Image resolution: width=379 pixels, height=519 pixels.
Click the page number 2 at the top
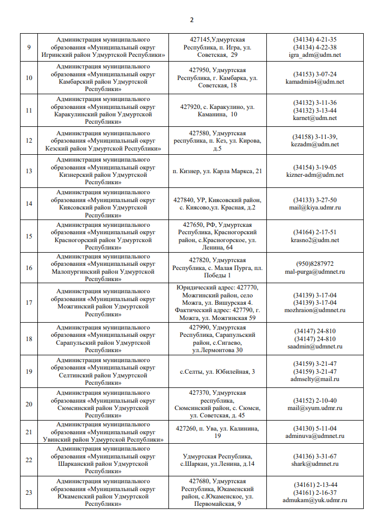pyautogui.click(x=192, y=20)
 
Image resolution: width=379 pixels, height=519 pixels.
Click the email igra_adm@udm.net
pyautogui.click(x=315, y=55)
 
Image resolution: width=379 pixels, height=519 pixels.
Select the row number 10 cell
pyautogui.click(x=29, y=78)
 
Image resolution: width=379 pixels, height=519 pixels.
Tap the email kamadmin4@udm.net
pyautogui.click(x=315, y=82)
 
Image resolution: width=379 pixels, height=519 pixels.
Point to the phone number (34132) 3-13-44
pyautogui.click(x=315, y=110)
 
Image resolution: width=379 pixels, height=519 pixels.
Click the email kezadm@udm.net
pyautogui.click(x=315, y=144)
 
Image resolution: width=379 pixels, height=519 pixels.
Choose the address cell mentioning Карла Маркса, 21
pyautogui.click(x=217, y=171)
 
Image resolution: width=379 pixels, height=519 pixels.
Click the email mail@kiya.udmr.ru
pyautogui.click(x=315, y=207)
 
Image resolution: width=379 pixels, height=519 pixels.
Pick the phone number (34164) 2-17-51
pyautogui.click(x=315, y=232)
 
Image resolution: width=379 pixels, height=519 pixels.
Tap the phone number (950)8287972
pyautogui.click(x=315, y=264)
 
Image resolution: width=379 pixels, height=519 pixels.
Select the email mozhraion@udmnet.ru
pyautogui.click(x=315, y=310)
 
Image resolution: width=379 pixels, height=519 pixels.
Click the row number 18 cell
pyautogui.click(x=29, y=338)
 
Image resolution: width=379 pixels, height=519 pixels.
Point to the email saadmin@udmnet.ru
pyautogui.click(x=315, y=346)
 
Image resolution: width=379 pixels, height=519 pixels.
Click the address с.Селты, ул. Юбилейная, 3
pyautogui.click(x=217, y=372)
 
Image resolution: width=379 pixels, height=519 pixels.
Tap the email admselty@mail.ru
pyautogui.click(x=315, y=379)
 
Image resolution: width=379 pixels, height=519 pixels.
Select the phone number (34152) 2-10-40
pyautogui.click(x=315, y=400)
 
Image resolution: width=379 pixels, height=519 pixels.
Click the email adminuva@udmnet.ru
pyautogui.click(x=315, y=436)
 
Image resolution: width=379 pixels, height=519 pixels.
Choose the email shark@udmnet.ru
pyautogui.click(x=315, y=464)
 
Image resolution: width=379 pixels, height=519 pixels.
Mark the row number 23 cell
pyautogui.click(x=29, y=492)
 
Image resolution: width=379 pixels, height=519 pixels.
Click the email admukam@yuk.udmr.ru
pyautogui.click(x=315, y=500)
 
